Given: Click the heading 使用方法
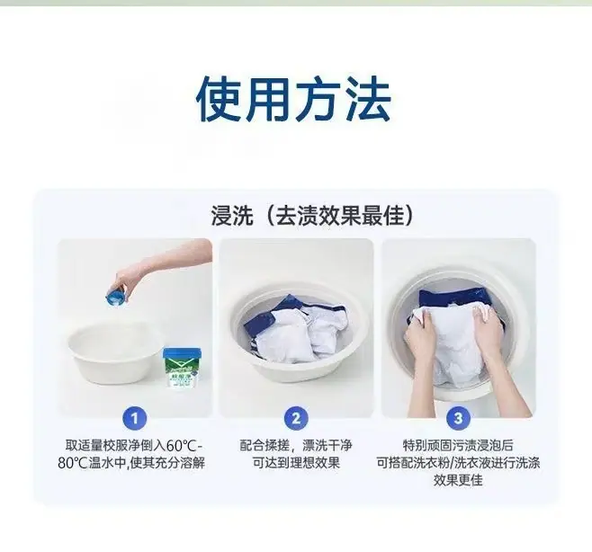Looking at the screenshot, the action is pyautogui.click(x=293, y=99).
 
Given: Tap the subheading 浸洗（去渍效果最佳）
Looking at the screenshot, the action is pyautogui.click(x=311, y=216).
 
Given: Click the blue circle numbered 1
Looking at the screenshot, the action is pyautogui.click(x=134, y=418).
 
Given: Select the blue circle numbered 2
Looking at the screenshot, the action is pyautogui.click(x=296, y=418).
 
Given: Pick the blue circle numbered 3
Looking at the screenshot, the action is pyautogui.click(x=458, y=418).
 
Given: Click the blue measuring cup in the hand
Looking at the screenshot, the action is pyautogui.click(x=116, y=294).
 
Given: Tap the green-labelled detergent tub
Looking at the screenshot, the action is pyautogui.click(x=181, y=369).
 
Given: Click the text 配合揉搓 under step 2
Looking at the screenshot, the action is pyautogui.click(x=265, y=446).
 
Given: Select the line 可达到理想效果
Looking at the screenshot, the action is pyautogui.click(x=296, y=463).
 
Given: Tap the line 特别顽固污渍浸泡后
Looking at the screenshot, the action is pyautogui.click(x=458, y=446).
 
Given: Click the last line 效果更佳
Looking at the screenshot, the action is pyautogui.click(x=458, y=480).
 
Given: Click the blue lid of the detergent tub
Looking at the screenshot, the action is pyautogui.click(x=181, y=353).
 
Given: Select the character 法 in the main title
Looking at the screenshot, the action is pyautogui.click(x=368, y=99).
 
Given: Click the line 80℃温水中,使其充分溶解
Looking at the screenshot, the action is pyautogui.click(x=131, y=463).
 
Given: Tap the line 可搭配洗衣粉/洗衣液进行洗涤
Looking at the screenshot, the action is pyautogui.click(x=458, y=463).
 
